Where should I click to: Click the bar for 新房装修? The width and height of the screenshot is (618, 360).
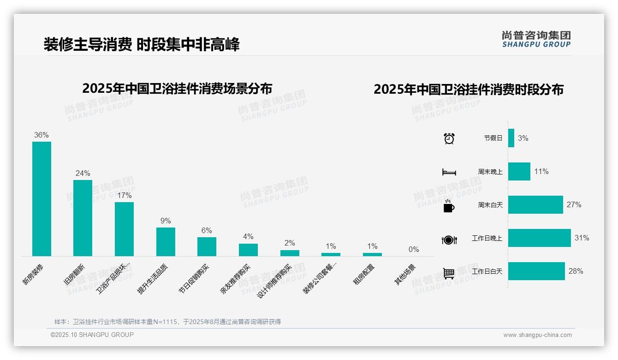tap(42, 198)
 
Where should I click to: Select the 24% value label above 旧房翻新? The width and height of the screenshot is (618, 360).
tap(83, 174)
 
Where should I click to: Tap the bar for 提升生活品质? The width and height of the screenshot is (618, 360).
tap(166, 241)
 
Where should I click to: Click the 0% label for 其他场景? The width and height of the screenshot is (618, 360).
tap(414, 250)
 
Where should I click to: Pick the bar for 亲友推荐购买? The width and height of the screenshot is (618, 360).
tap(248, 250)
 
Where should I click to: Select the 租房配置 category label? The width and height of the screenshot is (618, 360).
tap(364, 274)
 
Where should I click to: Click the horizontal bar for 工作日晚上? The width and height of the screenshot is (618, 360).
tap(539, 238)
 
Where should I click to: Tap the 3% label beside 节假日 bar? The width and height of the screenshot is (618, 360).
tap(523, 138)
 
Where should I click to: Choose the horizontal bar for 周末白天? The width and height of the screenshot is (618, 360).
tap(535, 204)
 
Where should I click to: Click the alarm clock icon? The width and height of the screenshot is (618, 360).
tap(449, 138)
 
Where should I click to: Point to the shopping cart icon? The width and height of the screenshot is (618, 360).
tap(449, 273)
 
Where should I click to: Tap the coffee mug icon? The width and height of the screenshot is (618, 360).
tap(449, 206)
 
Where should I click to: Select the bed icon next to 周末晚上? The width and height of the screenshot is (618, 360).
tap(449, 172)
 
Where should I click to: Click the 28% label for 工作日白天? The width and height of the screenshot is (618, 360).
tap(576, 271)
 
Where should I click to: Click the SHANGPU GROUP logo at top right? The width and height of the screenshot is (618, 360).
tap(536, 39)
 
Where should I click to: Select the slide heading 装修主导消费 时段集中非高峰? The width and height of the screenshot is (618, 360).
tap(142, 44)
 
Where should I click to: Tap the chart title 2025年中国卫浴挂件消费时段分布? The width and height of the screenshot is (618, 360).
tap(468, 90)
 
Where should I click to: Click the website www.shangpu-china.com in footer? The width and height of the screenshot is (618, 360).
tap(537, 335)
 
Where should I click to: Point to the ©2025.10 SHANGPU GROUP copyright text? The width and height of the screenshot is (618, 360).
tap(92, 335)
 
